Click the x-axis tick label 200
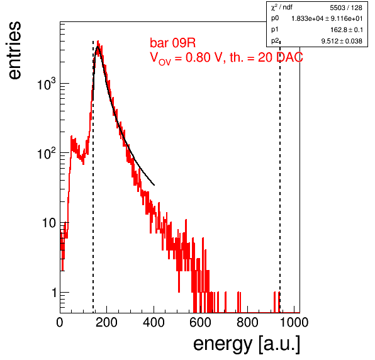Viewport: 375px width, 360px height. (106, 322)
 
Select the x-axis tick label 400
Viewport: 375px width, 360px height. (154, 322)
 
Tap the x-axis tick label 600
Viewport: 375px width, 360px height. (201, 322)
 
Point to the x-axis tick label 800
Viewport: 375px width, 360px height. (247, 322)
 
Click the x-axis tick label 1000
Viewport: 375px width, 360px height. (294, 322)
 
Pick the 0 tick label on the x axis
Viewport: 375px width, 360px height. (60, 322)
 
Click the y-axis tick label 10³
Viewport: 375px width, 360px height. (47, 84)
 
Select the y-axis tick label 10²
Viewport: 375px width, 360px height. (47, 154)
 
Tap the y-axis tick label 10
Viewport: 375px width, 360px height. (49, 223)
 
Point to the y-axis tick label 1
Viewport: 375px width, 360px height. (54, 293)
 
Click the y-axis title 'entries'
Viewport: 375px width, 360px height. (15, 50)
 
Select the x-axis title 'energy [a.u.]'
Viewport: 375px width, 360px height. (247, 345)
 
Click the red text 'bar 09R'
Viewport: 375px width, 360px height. (172, 43)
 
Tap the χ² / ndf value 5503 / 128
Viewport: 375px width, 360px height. (346, 8)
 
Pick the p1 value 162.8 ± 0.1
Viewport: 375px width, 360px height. (347, 30)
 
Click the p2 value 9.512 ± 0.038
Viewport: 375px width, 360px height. (342, 41)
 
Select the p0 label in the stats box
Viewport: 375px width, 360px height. (275, 18)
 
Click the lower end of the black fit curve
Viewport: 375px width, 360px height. (154, 185)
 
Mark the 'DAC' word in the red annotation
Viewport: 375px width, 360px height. (289, 57)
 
